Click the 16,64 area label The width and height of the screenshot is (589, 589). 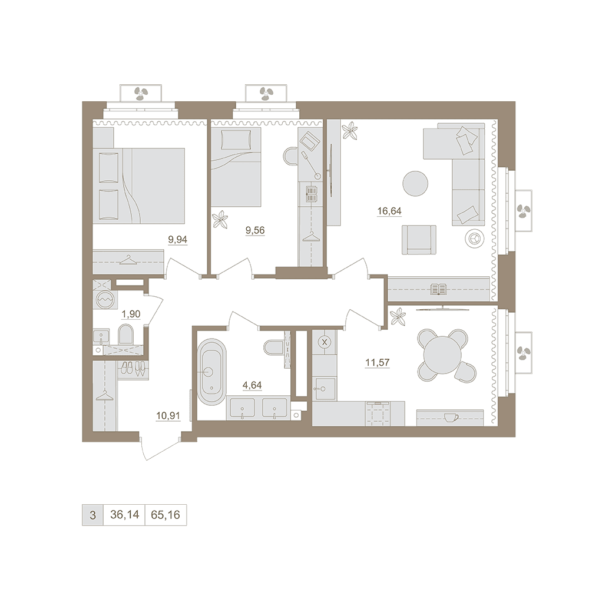pyautogui.click(x=389, y=211)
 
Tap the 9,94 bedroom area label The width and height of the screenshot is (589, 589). pyautogui.click(x=178, y=239)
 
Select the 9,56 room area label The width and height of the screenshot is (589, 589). pyautogui.click(x=255, y=230)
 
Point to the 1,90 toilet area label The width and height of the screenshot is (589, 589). pyautogui.click(x=131, y=314)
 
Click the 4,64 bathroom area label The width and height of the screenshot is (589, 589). pyautogui.click(x=252, y=385)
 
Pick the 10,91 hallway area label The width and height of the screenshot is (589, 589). pyautogui.click(x=168, y=416)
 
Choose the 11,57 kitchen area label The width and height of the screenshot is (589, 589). pyautogui.click(x=378, y=362)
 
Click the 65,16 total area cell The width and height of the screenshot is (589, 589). pyautogui.click(x=166, y=515)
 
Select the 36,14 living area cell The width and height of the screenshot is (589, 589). pyautogui.click(x=124, y=515)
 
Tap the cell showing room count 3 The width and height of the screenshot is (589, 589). pyautogui.click(x=93, y=515)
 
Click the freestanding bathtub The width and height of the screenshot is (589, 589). pyautogui.click(x=212, y=372)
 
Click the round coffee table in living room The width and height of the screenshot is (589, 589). pyautogui.click(x=415, y=183)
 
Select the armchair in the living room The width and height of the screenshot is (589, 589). pyautogui.click(x=419, y=240)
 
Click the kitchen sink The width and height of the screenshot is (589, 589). pyautogui.click(x=325, y=389)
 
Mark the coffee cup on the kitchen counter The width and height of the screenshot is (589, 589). pyautogui.click(x=451, y=417)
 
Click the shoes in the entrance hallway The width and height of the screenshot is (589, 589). pyautogui.click(x=133, y=368)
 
